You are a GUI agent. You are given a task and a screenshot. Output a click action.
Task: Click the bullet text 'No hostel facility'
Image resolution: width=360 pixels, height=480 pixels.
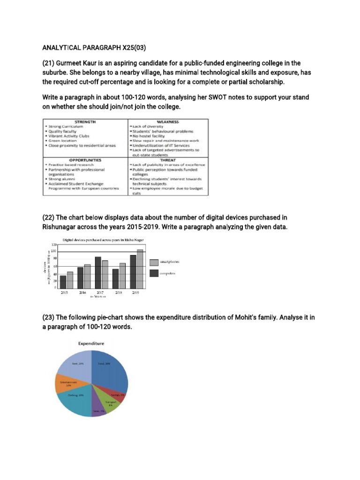click(x=150, y=136)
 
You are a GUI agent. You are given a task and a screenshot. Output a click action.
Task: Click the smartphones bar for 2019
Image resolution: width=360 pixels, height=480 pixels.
click(x=140, y=269)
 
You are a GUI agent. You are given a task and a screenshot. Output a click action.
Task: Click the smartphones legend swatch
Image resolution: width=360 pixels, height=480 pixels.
click(x=154, y=262)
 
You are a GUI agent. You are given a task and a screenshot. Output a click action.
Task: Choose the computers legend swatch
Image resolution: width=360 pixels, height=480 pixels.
click(x=154, y=273)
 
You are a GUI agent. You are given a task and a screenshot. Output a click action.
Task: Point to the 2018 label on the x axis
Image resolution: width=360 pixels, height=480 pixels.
click(x=119, y=292)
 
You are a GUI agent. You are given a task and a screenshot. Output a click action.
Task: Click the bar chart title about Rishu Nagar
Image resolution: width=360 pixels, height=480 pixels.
click(x=103, y=240)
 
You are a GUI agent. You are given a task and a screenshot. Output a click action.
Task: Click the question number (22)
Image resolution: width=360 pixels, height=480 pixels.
click(x=49, y=217)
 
